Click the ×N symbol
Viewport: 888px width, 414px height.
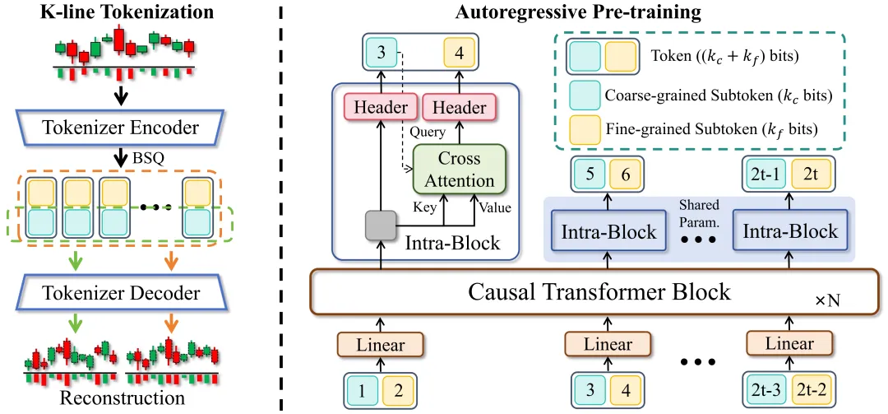pos(827,302)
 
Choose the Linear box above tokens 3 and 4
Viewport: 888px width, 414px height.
pos(608,345)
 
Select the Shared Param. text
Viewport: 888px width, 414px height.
pos(699,212)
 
